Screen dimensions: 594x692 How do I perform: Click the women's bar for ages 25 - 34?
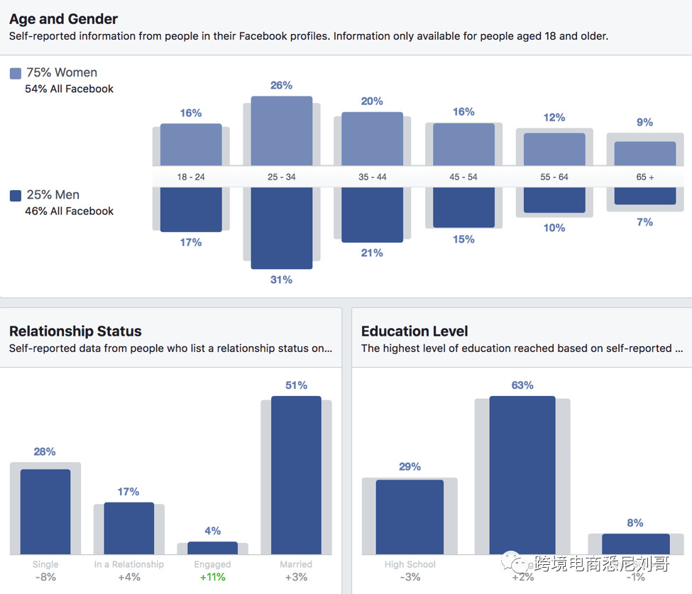[x=282, y=131]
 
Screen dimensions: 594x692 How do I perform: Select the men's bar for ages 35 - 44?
[x=372, y=214]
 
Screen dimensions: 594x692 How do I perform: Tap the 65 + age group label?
[x=645, y=177]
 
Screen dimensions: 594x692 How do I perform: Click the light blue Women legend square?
[x=16, y=73]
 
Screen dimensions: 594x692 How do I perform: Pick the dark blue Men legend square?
[x=16, y=195]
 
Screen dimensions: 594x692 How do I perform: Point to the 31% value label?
[x=281, y=280]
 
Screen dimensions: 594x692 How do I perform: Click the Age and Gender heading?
[x=64, y=19]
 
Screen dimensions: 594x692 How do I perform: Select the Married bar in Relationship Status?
[x=296, y=475]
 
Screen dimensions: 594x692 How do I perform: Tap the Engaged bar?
[x=212, y=548]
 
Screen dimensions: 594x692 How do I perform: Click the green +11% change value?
[x=212, y=577]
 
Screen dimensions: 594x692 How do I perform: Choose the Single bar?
[x=45, y=512]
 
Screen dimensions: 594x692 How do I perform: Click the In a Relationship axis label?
[x=128, y=564]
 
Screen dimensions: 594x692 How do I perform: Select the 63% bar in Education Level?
[x=522, y=475]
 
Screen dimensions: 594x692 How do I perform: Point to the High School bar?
[x=410, y=517]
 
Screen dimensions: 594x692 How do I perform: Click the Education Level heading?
[x=414, y=331]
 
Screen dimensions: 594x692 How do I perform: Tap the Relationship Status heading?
[x=75, y=331]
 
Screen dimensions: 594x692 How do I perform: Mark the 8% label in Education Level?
[x=635, y=523]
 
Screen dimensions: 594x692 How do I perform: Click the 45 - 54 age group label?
[x=463, y=177]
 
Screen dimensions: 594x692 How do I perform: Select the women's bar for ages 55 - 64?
[x=554, y=149]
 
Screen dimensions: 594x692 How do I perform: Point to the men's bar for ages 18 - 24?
[x=191, y=209]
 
